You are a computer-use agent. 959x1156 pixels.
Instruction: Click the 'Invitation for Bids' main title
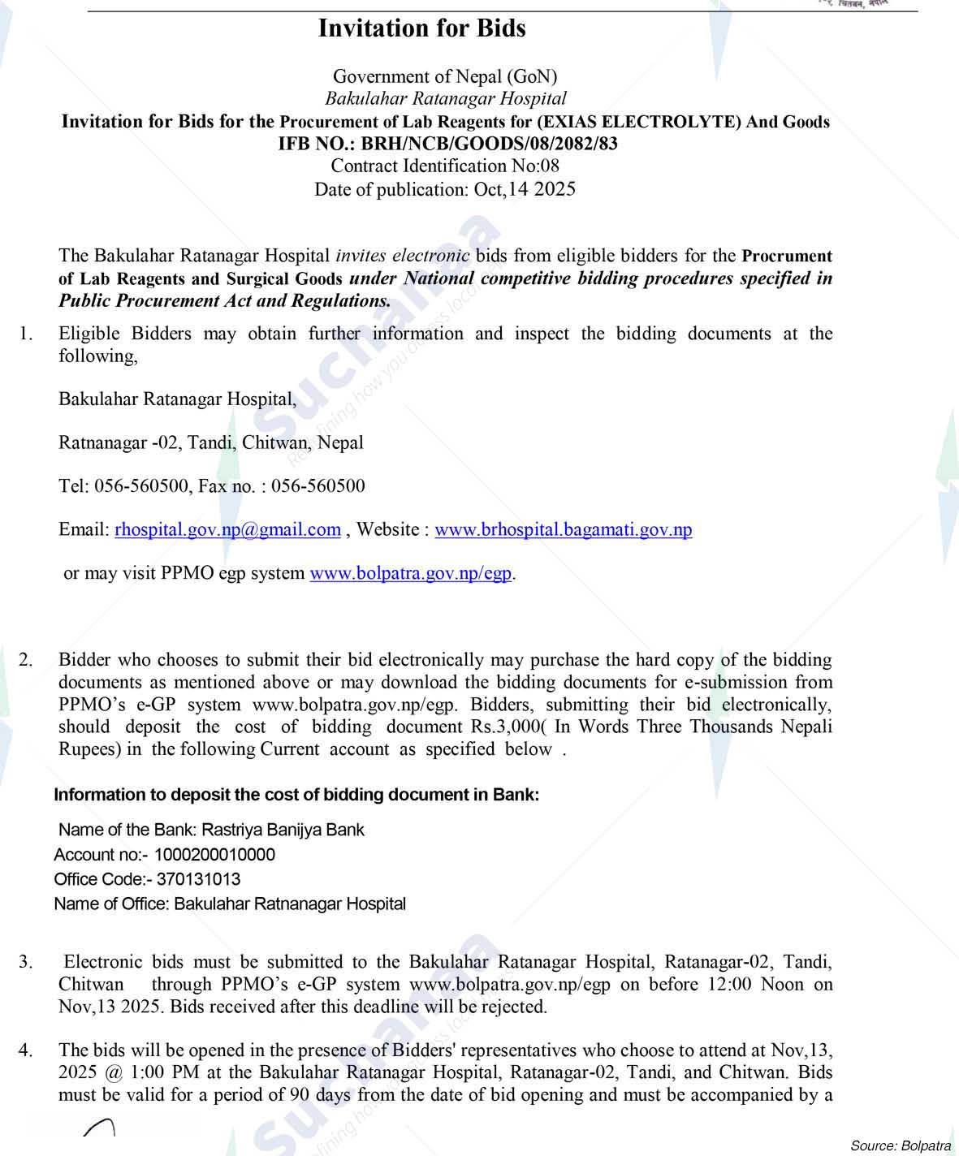[421, 28]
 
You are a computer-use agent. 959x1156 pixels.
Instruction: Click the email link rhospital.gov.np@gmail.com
[227, 530]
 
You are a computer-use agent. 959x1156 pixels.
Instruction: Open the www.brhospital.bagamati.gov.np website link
[563, 530]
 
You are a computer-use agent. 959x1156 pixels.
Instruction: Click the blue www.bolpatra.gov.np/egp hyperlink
[411, 573]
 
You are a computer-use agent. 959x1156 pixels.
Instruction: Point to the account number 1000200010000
[214, 855]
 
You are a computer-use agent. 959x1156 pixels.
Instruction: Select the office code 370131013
[198, 879]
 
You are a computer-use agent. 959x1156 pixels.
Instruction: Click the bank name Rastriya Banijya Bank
[283, 830]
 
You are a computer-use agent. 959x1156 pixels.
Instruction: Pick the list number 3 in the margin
[26, 963]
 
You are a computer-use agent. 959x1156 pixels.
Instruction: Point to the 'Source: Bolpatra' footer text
[900, 1145]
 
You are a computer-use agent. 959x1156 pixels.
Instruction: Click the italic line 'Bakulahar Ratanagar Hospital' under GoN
[445, 99]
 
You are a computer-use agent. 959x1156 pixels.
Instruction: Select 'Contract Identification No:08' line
[445, 166]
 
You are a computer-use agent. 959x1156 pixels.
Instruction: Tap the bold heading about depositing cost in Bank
[296, 795]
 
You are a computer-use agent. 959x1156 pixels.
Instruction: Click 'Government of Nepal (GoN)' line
[445, 77]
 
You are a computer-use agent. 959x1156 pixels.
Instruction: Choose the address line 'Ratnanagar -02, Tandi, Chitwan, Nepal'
[211, 443]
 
